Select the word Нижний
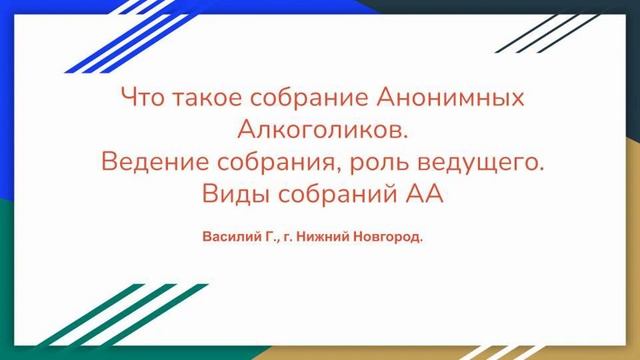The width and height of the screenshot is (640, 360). (x=318, y=240)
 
